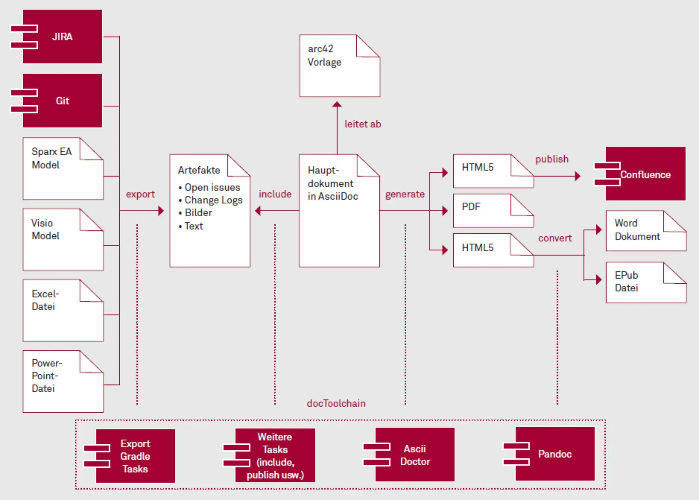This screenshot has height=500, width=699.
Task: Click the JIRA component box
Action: pyautogui.click(x=62, y=37)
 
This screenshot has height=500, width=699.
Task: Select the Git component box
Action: pyautogui.click(x=62, y=101)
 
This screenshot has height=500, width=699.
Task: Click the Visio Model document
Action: pyautogui.click(x=63, y=240)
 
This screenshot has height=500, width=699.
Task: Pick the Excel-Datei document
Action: pyautogui.click(x=63, y=311)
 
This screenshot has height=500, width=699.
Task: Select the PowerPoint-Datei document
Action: pyautogui.click(x=63, y=381)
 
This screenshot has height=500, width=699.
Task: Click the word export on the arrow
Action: pyautogui.click(x=140, y=194)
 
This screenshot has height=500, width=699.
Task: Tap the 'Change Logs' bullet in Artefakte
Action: pyautogui.click(x=213, y=200)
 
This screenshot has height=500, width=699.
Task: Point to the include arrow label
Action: pyautogui.click(x=275, y=194)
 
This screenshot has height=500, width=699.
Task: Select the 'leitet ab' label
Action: pyautogui.click(x=363, y=124)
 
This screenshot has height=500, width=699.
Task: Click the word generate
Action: pyautogui.click(x=405, y=194)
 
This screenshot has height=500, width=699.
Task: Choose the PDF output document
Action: pyautogui.click(x=493, y=211)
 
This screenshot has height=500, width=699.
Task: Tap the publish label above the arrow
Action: pyautogui.click(x=552, y=159)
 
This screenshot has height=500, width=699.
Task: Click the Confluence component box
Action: pyautogui.click(x=645, y=174)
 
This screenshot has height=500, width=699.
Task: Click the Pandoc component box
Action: pyautogui.click(x=554, y=454)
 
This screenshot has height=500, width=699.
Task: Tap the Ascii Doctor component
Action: pyautogui.click(x=415, y=455)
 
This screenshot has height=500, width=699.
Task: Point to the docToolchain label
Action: pyautogui.click(x=336, y=403)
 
